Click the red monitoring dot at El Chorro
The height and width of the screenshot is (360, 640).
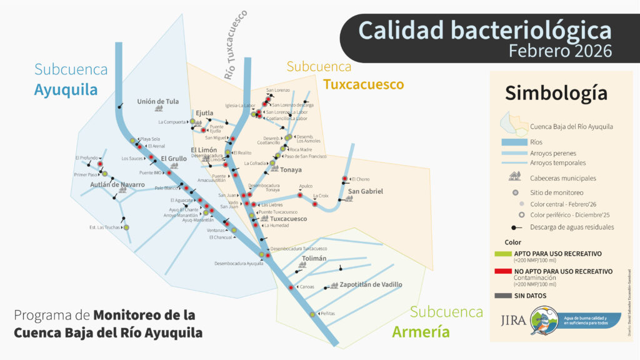tap(345, 179)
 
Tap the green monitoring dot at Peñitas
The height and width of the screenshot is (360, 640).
tap(312, 314)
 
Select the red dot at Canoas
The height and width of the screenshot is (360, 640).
tap(291, 287)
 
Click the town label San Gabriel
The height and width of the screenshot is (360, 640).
tap(366, 191)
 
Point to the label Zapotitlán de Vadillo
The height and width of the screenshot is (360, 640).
tap(371, 284)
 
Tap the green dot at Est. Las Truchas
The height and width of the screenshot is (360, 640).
tap(126, 227)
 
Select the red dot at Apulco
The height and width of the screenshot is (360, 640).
tap(299, 196)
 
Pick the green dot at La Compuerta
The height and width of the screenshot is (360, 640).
tap(192, 122)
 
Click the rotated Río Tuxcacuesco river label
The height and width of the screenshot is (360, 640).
tap(235, 45)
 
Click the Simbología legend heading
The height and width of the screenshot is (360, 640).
tap(556, 93)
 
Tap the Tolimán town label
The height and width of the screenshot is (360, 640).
tap(314, 259)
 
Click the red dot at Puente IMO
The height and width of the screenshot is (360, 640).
tap(167, 172)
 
